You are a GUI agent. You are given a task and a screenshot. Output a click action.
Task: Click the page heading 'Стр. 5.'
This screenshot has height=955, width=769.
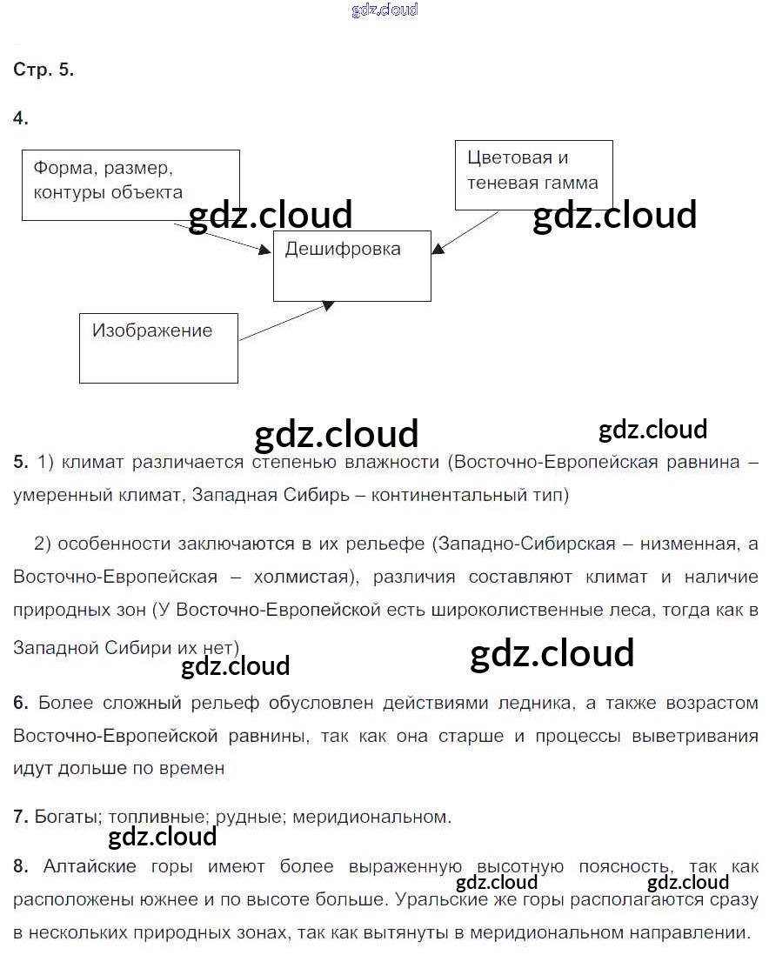pos(43,71)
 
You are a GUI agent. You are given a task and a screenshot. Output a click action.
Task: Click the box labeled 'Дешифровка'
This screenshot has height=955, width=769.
pos(352,266)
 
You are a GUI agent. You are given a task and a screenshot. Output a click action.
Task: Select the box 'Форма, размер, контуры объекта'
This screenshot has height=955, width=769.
pos(130,184)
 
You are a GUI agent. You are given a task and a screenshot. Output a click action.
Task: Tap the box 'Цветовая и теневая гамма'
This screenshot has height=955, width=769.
pos(533,174)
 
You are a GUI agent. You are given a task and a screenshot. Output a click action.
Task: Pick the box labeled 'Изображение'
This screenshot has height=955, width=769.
pos(158,348)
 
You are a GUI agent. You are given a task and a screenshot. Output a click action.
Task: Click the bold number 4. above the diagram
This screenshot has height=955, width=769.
pos(21,118)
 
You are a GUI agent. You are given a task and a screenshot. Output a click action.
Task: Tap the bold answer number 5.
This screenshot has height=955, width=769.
pos(21,462)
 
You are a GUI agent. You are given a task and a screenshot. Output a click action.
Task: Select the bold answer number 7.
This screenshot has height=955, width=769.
pos(21,817)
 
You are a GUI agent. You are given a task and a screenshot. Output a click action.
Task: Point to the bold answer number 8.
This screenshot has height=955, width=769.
pos(21,866)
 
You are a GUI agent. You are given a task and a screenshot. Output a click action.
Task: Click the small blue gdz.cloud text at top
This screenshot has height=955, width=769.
pos(384,10)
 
